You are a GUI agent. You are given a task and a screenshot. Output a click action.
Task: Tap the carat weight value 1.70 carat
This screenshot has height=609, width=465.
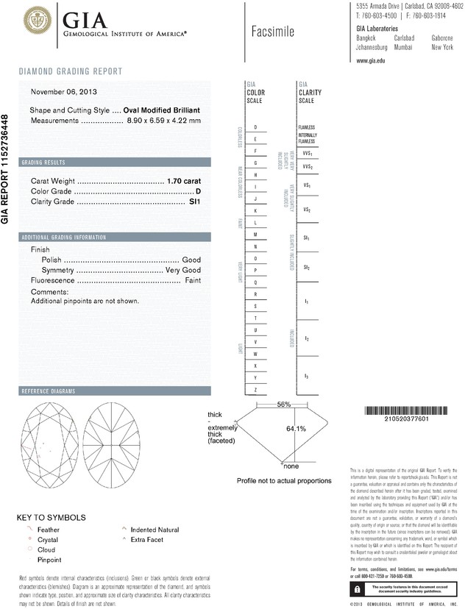184,180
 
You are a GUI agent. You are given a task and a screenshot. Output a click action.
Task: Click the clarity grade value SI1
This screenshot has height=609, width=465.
195,201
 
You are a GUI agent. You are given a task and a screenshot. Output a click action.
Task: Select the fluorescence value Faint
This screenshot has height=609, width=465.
192,281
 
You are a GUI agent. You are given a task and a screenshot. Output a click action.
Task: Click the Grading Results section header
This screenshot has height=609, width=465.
43,162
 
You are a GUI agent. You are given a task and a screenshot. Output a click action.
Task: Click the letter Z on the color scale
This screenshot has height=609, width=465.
255,389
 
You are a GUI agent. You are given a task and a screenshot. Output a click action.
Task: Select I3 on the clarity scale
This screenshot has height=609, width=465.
306,377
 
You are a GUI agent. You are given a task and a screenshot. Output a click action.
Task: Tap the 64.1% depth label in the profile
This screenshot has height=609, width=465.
296,429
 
